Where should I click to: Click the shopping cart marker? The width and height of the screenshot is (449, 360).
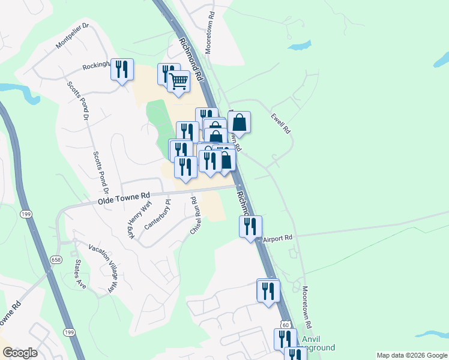coord(178,81)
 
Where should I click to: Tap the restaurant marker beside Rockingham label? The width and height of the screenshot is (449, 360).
coord(122,70)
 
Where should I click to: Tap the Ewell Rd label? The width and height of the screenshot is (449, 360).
coord(280,123)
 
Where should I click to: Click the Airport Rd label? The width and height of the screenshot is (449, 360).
coord(277,238)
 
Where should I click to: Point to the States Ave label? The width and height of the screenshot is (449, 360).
coord(80,275)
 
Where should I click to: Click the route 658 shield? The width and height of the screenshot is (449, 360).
coord(55,260)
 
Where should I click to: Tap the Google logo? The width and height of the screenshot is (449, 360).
coord(19,353)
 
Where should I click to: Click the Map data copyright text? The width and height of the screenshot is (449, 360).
coord(411,355)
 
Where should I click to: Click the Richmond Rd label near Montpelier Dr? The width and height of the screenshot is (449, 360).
coord(191,58)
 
